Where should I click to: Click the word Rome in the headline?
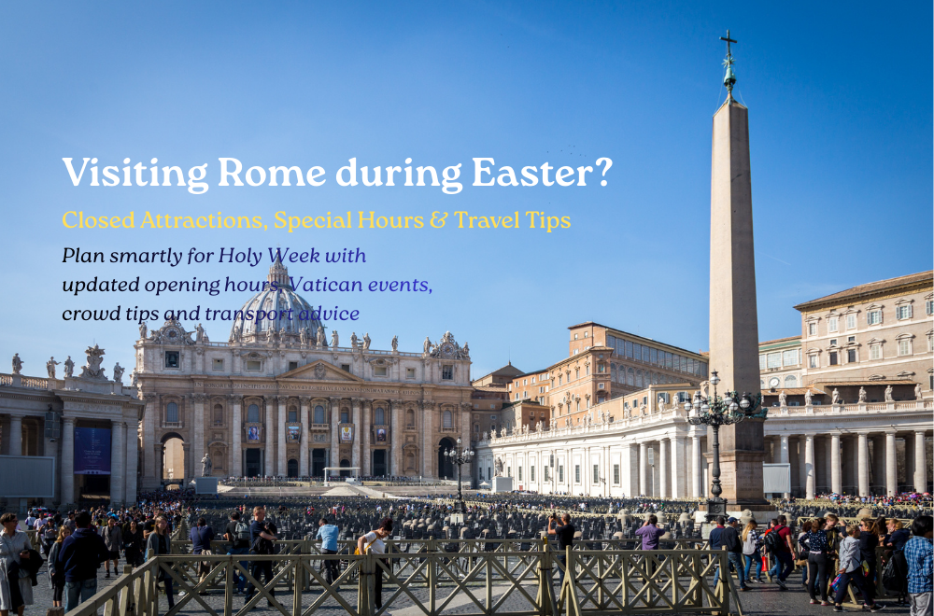click(x=272, y=172)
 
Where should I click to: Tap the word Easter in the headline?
click(x=531, y=172)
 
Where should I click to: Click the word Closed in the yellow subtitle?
click(x=98, y=220)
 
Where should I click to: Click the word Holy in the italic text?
click(x=240, y=256)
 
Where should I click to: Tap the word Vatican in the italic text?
click(x=326, y=285)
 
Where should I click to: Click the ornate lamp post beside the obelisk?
click(x=717, y=441)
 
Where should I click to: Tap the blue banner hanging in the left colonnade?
click(x=92, y=451)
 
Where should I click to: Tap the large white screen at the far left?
click(x=27, y=477)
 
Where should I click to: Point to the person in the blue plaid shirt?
click(x=920, y=566)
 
